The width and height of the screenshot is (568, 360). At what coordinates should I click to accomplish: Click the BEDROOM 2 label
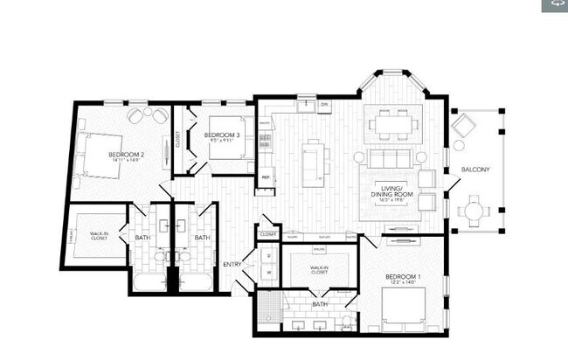[126, 155]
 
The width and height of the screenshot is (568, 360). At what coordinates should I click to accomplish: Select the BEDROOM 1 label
[403, 277]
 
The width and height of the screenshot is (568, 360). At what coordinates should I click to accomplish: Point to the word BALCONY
[475, 170]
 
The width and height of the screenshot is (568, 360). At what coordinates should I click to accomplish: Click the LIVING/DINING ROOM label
[391, 191]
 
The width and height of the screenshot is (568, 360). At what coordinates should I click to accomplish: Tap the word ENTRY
[232, 265]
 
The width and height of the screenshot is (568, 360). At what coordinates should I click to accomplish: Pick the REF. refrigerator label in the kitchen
[266, 177]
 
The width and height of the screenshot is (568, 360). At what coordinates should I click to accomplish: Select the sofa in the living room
[390, 158]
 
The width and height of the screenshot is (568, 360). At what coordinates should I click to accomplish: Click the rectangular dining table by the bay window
[391, 125]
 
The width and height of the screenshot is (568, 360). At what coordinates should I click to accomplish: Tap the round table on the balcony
[474, 211]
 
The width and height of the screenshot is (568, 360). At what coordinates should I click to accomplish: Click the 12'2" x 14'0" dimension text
[403, 284]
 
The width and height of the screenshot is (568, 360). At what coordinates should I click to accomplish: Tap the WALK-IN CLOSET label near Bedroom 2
[99, 236]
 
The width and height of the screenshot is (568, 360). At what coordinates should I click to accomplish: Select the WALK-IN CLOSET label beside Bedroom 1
[307, 270]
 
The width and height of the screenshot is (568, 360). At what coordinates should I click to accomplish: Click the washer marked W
[269, 271]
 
